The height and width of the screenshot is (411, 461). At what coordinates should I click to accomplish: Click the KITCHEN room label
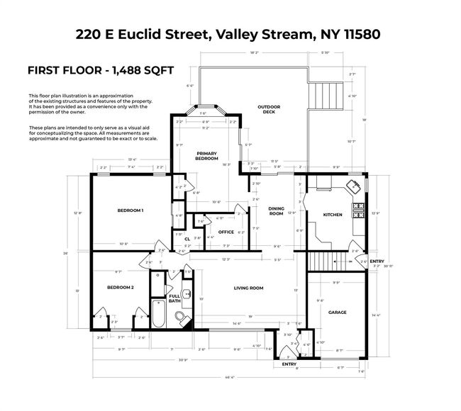[333, 215]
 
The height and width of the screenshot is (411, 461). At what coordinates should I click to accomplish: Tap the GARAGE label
[337, 312]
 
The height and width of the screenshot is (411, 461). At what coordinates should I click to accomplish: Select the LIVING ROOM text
[248, 288]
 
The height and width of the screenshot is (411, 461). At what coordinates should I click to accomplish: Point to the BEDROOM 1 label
[130, 210]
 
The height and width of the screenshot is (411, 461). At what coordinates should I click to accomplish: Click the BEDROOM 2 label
[121, 287]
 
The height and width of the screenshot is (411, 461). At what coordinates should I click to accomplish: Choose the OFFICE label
[226, 232]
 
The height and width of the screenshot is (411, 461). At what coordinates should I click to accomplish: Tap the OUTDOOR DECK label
[270, 109]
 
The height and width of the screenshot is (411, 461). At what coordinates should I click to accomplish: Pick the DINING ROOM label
[276, 210]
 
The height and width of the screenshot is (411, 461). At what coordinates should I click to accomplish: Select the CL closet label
[187, 239]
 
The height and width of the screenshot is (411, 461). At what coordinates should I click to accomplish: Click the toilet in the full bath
[180, 315]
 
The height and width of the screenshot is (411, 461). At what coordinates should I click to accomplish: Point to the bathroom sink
[188, 293]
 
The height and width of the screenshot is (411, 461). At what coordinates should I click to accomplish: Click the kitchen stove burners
[359, 209]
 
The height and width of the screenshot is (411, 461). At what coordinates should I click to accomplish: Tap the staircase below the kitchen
[327, 260]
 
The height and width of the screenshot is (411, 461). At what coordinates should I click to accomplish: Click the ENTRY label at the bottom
[289, 364]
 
